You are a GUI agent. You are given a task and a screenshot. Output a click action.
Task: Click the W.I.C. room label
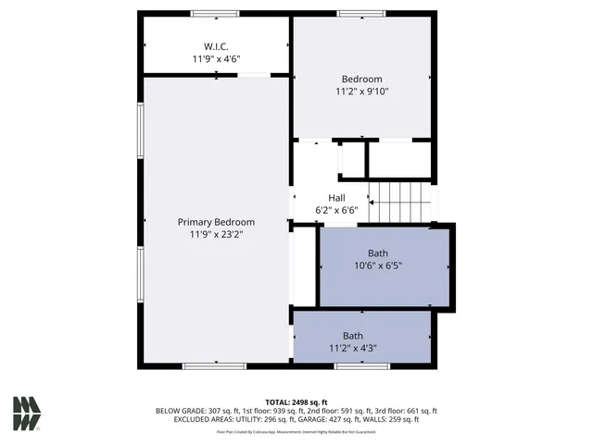click(x=216, y=46)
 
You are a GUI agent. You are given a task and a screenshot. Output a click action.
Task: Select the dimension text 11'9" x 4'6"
click(x=216, y=59)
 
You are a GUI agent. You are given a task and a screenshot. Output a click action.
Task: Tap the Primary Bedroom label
click(x=216, y=222)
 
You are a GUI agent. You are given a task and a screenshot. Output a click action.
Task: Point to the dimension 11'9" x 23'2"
click(x=216, y=235)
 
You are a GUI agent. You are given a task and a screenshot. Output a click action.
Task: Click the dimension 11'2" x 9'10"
click(x=362, y=92)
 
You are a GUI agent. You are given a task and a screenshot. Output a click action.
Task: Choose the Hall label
click(x=336, y=197)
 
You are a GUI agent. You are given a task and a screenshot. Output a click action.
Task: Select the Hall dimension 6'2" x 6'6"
click(x=336, y=210)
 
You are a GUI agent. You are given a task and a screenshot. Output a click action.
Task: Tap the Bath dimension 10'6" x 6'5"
click(x=378, y=265)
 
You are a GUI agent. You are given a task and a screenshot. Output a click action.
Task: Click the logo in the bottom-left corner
click(x=27, y=413)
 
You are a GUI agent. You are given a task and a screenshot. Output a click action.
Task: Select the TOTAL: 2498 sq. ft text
click(x=296, y=401)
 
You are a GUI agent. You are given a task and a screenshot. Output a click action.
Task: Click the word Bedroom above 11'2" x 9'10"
click(x=362, y=80)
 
